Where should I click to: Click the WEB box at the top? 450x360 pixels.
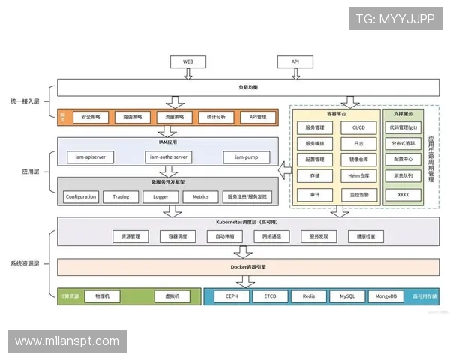coord(188,61)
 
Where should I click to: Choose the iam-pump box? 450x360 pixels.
coord(246,157)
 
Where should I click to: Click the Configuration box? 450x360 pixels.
coord(81,196)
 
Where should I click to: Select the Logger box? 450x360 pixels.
coord(160,196)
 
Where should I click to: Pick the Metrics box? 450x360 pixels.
coord(200,196)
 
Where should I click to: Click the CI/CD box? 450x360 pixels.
coord(358,127)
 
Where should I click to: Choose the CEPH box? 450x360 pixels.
coord(232,296)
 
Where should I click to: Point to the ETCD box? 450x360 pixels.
coord(270,296)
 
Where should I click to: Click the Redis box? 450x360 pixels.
coord(308,296)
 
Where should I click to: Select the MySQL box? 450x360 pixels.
coord(346,296)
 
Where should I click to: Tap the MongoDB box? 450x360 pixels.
coord(385,296)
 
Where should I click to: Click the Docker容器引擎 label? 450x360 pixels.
coord(248,266)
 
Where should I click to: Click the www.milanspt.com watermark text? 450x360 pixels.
coord(67,341)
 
